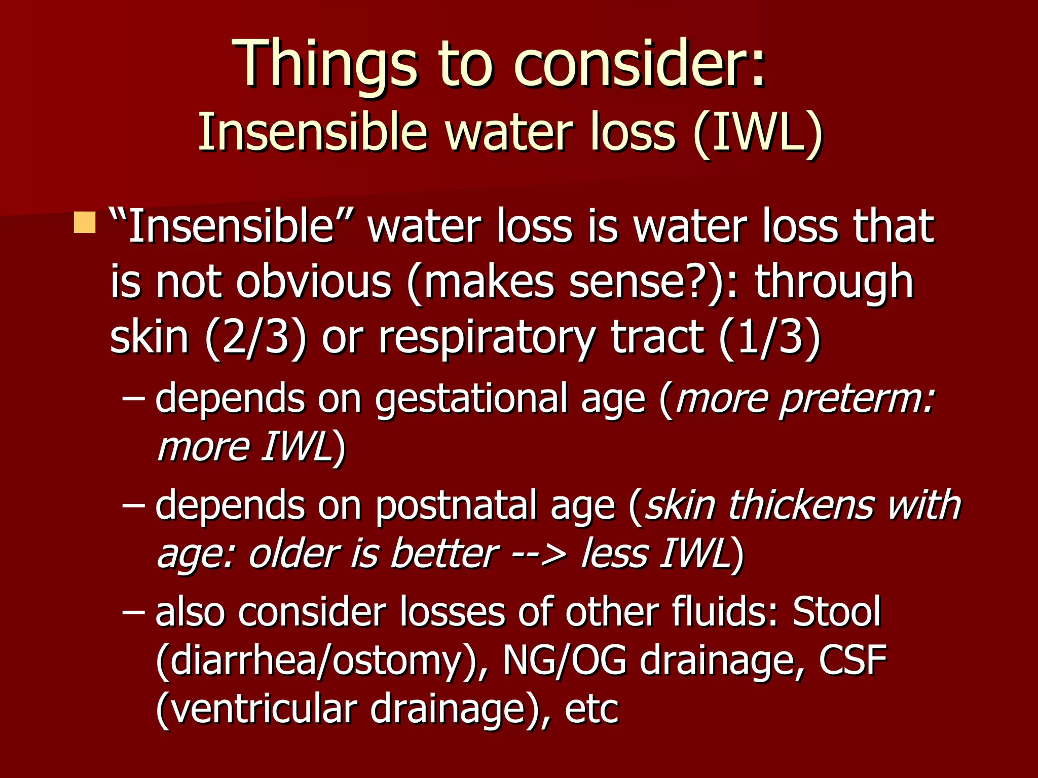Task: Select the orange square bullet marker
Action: point(84,222)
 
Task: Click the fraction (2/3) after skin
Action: point(256,337)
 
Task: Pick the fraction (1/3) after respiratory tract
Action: point(769,337)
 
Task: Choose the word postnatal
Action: point(456,505)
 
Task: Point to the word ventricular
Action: point(264,709)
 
